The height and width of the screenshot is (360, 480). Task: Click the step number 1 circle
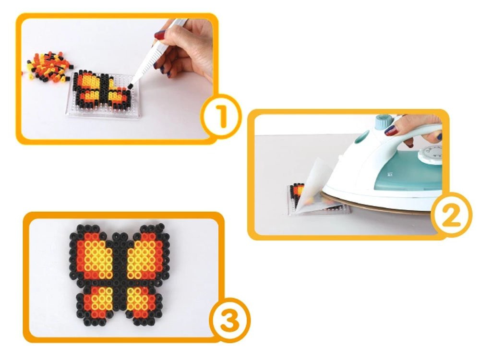click(x=221, y=116)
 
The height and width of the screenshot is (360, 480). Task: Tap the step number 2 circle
click(x=451, y=214)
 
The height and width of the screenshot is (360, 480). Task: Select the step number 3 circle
click(x=229, y=320)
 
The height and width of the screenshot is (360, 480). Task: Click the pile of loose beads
click(x=48, y=67)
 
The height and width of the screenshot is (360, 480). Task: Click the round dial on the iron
click(x=431, y=153)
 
